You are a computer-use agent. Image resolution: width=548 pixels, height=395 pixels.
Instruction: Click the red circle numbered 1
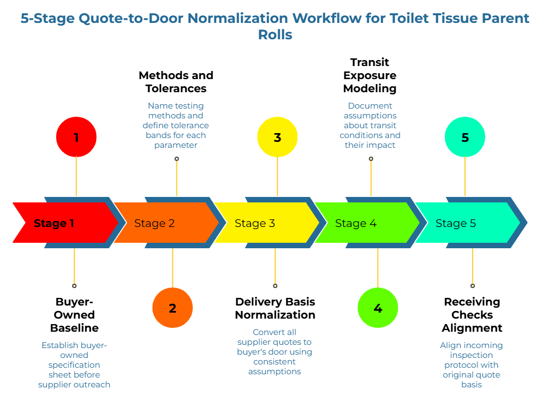(x=76, y=137)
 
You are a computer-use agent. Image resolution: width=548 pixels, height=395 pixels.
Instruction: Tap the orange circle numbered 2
(x=172, y=308)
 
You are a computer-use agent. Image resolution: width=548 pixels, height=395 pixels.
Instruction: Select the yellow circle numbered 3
(x=277, y=137)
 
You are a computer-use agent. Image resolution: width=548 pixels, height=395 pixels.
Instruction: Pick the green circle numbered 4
(x=378, y=308)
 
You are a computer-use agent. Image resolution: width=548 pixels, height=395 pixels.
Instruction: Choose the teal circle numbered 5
(x=465, y=137)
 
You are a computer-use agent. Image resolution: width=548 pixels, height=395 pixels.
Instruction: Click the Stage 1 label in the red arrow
(x=54, y=223)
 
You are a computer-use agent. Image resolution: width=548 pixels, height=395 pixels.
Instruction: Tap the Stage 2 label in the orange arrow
(x=154, y=223)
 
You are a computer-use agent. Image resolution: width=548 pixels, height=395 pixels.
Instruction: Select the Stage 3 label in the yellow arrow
(x=255, y=223)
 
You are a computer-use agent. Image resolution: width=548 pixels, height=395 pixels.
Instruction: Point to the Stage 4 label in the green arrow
(x=355, y=223)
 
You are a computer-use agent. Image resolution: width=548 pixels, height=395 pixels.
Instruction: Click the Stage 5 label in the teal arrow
(x=456, y=223)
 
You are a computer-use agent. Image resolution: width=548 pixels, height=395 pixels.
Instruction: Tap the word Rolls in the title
(x=275, y=35)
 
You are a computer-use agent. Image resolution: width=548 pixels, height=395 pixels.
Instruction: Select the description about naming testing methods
(x=176, y=125)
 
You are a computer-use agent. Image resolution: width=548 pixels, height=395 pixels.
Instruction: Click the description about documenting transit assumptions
(x=370, y=125)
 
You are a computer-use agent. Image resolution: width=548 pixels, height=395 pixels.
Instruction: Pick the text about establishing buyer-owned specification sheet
(x=74, y=364)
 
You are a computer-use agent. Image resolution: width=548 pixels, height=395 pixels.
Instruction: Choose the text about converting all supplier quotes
(x=275, y=351)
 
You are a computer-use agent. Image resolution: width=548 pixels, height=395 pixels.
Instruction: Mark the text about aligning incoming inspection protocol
(x=472, y=364)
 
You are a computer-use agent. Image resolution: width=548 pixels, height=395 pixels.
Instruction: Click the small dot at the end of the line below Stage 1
(x=74, y=285)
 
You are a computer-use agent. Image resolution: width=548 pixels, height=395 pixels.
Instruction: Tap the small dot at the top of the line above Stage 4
(x=371, y=159)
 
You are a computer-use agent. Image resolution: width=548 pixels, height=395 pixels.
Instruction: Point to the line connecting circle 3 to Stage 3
(x=277, y=176)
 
